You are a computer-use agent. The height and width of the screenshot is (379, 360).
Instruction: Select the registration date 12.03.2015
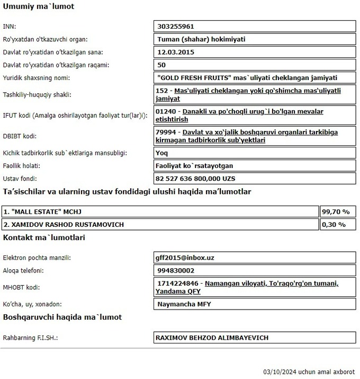(x=176, y=52)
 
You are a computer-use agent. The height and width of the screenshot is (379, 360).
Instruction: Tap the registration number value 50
(x=162, y=65)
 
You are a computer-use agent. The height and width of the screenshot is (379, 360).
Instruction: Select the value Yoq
(x=163, y=153)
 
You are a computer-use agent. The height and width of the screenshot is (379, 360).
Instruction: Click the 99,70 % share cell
(x=336, y=211)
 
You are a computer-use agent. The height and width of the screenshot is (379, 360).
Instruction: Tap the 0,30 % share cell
(x=334, y=224)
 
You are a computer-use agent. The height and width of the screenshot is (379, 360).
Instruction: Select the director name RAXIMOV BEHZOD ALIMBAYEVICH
(x=212, y=338)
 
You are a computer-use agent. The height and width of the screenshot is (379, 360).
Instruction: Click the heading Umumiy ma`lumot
(x=39, y=7)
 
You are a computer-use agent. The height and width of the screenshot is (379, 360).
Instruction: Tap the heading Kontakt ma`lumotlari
(x=43, y=237)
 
